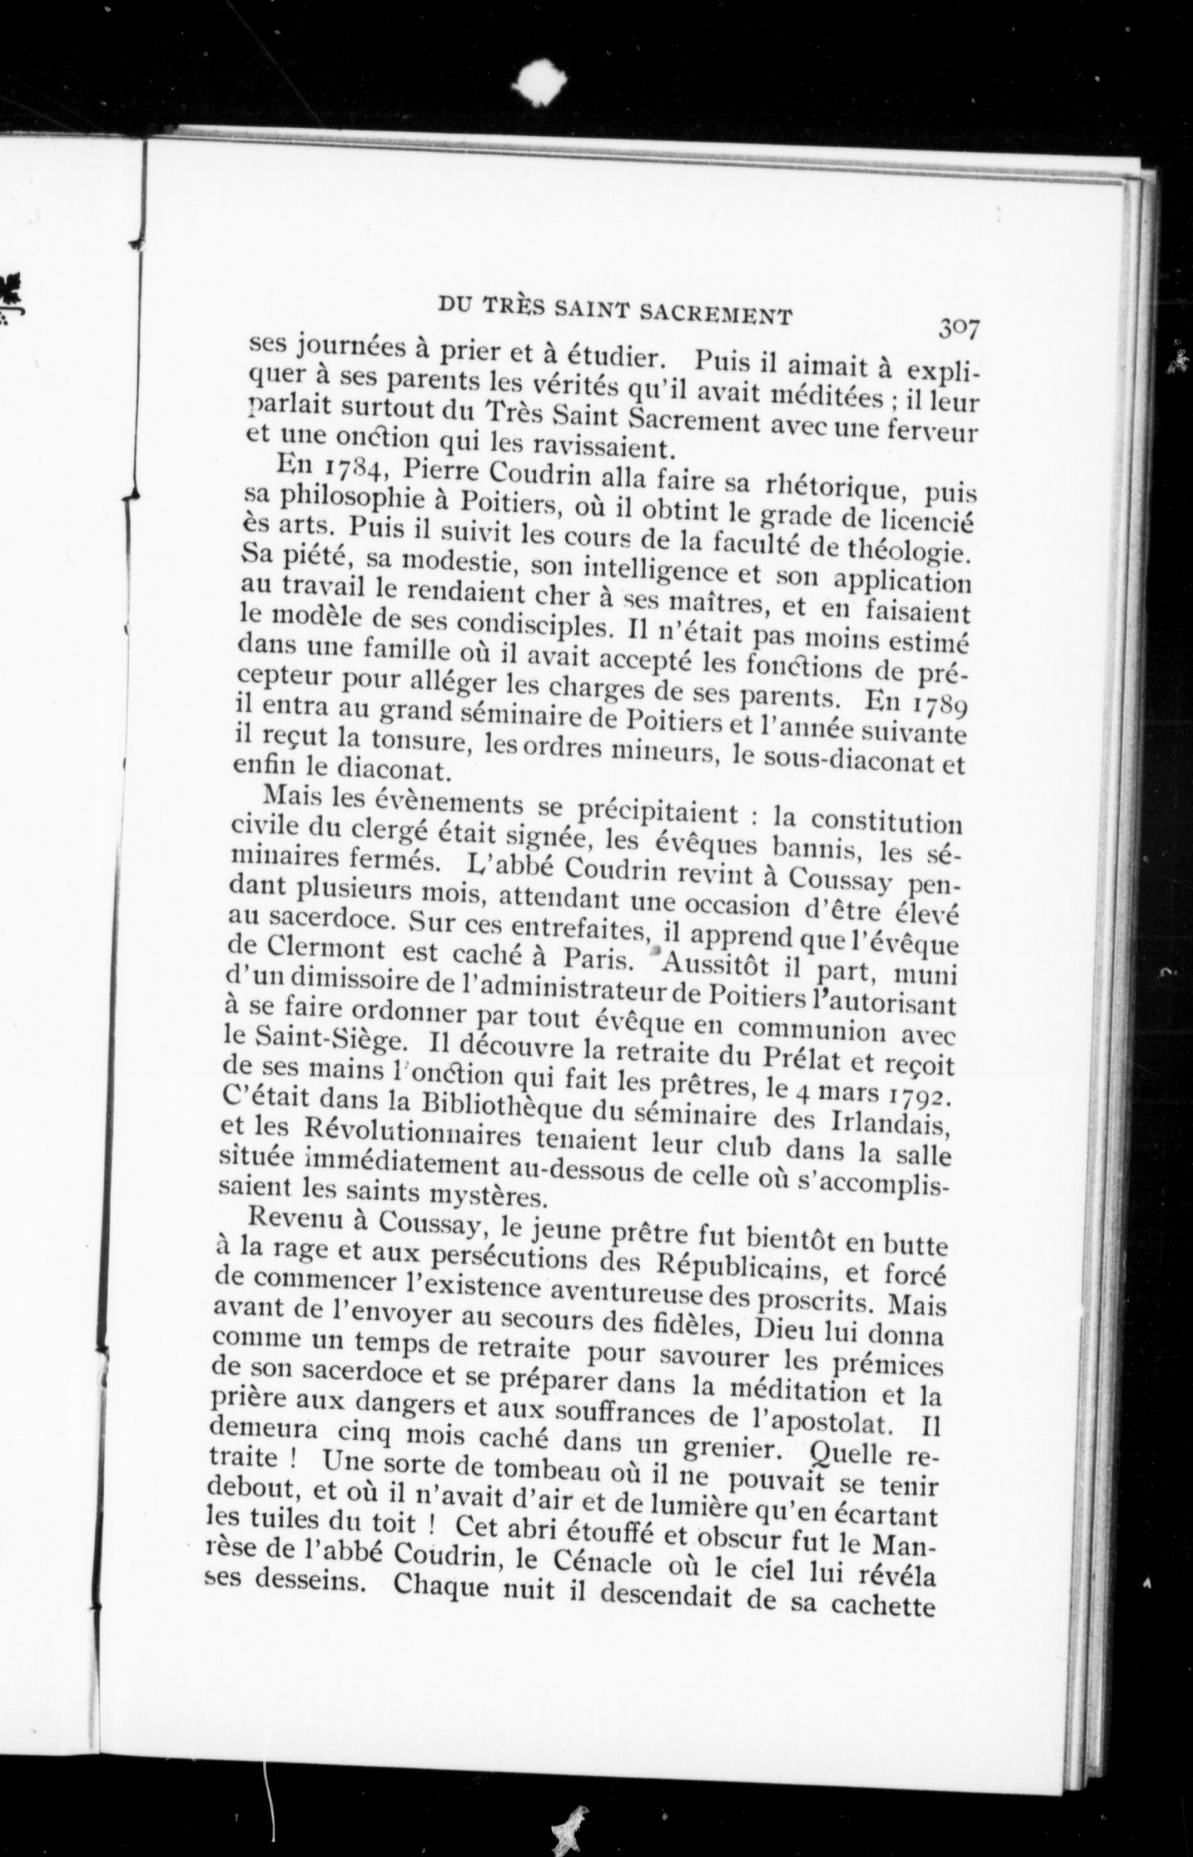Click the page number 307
(x=959, y=328)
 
